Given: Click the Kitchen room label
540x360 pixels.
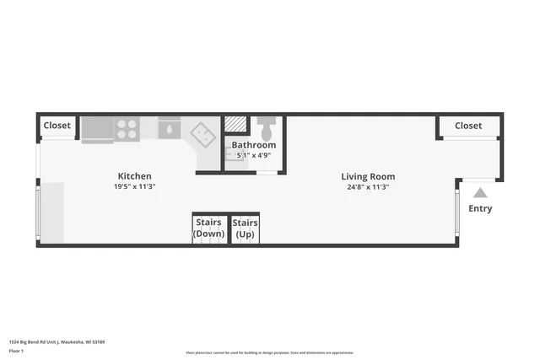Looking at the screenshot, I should pos(134,176).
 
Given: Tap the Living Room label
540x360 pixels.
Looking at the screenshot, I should pos(368,177).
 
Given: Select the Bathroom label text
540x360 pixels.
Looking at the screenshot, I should pos(254,145).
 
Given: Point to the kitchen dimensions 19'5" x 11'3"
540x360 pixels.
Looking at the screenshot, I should pos(134,186).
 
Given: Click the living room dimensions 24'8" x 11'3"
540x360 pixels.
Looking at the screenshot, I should pos(368,186).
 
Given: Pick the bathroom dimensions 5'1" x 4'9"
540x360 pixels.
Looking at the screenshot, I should pos(254,155).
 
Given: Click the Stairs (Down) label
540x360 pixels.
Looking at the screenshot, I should pos(208,228).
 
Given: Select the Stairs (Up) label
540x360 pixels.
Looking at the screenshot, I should pos(246,228).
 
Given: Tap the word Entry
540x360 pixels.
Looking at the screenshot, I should pos(480,208).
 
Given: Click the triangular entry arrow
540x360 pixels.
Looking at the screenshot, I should pos(480,193).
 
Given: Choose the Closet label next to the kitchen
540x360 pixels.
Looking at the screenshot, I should pos(57,126).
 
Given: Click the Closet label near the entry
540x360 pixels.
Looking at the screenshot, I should pos(468,126).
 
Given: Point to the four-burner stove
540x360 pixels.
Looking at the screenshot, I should pos(127,129).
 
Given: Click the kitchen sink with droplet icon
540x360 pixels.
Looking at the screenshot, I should pos(169,129).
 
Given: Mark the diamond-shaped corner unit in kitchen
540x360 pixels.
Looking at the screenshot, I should pos(203,134).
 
